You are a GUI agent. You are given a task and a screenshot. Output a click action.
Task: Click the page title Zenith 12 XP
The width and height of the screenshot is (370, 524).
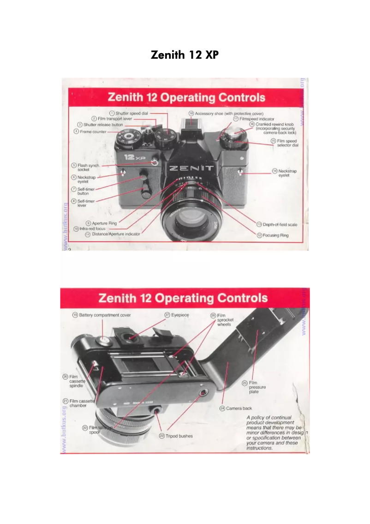coord(185,55)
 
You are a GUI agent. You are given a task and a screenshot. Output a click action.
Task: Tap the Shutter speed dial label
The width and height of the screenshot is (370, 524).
coord(131,113)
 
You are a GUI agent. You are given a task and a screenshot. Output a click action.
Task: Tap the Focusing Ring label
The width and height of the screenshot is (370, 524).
coord(275,235)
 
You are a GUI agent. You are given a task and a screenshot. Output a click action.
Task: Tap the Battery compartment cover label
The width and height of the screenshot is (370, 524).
coord(105,315)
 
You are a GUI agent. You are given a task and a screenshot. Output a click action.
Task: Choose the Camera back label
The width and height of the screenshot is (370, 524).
coord(239,408)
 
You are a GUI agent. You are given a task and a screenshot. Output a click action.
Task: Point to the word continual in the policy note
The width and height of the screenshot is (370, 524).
coord(280,417)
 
